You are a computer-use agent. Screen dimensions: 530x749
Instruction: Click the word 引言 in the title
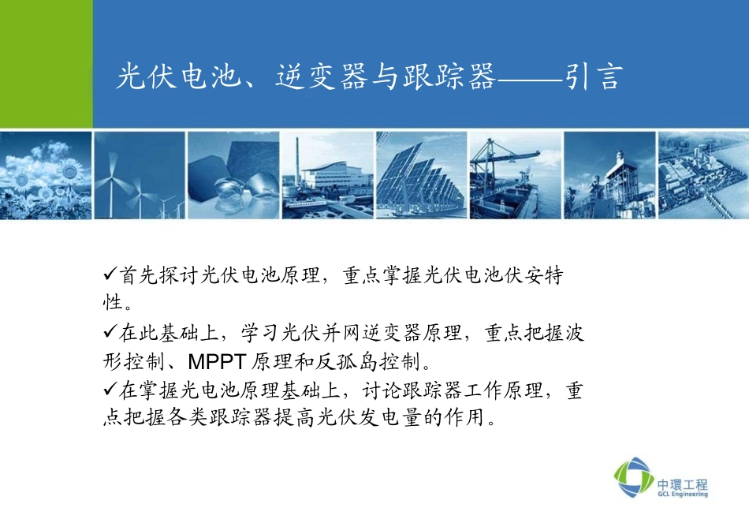594,77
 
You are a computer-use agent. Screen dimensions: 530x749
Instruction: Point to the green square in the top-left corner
46,63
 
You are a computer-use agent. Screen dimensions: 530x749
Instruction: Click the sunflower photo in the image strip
46,175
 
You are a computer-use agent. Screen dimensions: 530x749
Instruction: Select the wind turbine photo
139,175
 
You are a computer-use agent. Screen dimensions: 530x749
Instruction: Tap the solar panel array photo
422,175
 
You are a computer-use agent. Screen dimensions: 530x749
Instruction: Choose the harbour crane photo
514,175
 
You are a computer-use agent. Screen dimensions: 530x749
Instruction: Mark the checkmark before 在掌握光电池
110,390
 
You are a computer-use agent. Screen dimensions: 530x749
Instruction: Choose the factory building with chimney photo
326,175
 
